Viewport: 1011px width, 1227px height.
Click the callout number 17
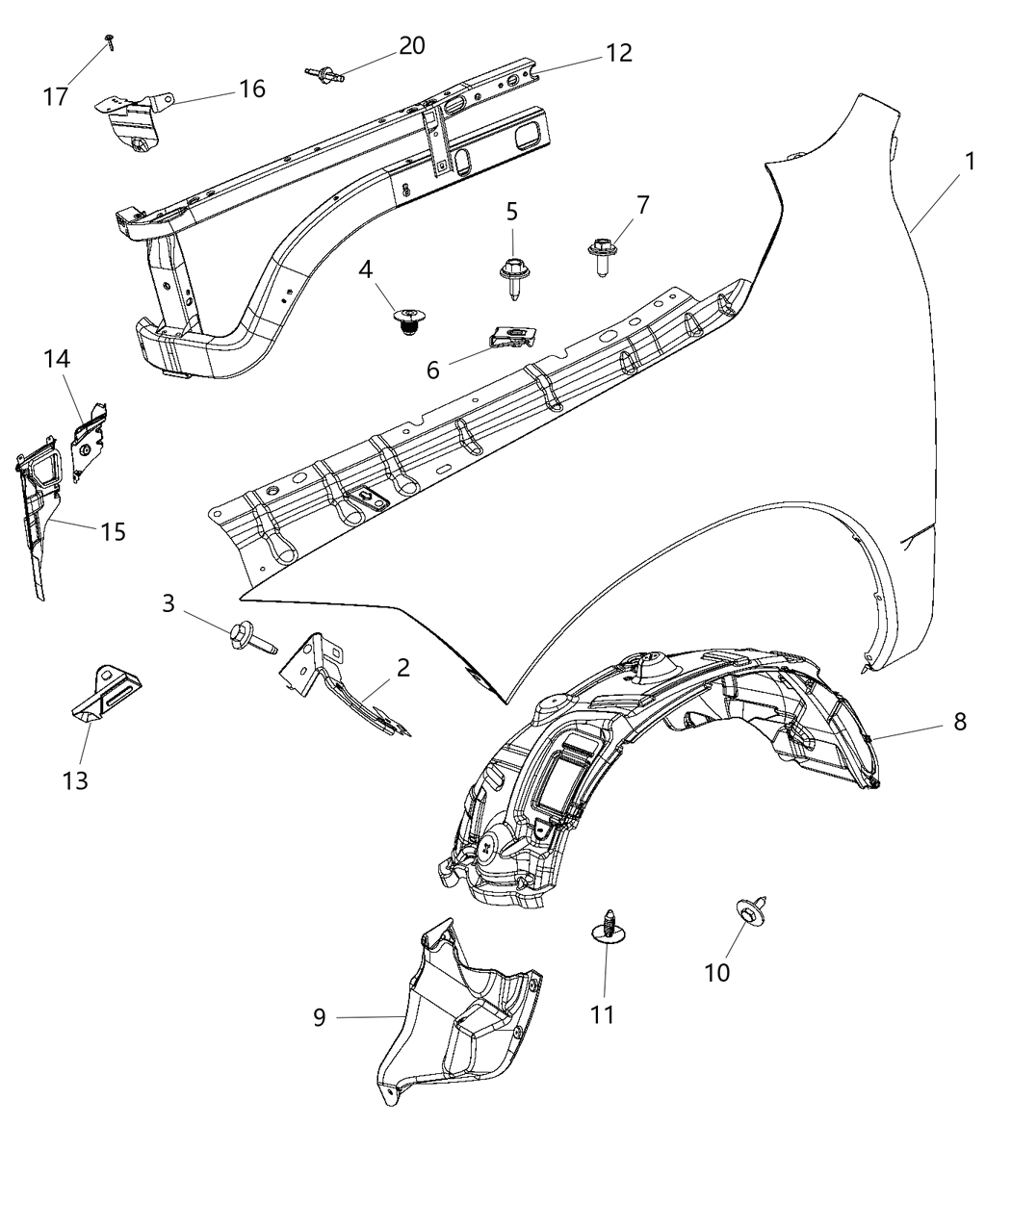coord(56,96)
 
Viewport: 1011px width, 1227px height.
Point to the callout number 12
coord(618,53)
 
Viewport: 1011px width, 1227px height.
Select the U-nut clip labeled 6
coord(511,337)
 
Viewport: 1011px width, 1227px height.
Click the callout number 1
coord(970,161)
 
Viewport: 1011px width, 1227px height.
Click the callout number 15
coord(113,530)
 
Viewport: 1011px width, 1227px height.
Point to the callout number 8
coord(959,721)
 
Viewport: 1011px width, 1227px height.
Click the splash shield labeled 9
coord(453,1020)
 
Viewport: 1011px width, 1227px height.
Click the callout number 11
coord(603,1014)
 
